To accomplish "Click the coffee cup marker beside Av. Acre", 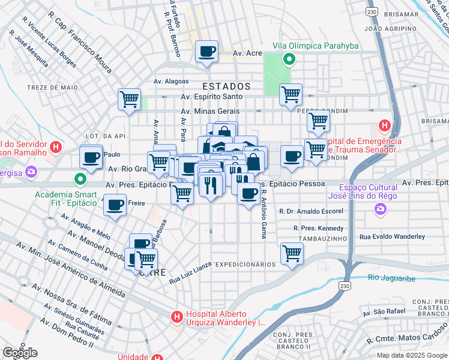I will [x=207, y=52].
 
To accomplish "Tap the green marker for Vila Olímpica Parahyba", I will [x=289, y=59].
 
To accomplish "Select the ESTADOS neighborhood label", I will [x=226, y=86].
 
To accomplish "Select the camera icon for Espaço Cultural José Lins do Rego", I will [x=380, y=209].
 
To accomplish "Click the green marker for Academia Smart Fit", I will [x=80, y=179].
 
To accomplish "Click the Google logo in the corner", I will [x=20, y=352].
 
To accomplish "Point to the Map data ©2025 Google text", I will [x=411, y=355].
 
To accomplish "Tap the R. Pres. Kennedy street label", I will [x=318, y=228].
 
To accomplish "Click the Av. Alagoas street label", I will [x=171, y=82].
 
